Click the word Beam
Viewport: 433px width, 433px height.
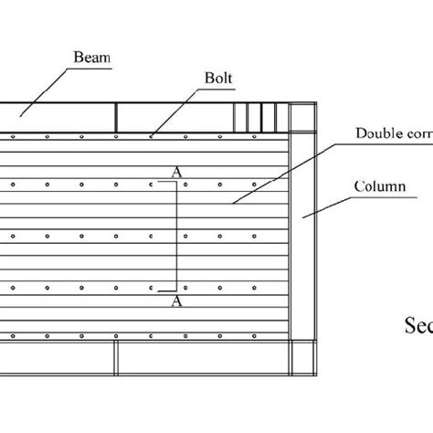(91, 57)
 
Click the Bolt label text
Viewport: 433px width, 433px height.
(218, 79)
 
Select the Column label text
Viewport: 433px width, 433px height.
(379, 186)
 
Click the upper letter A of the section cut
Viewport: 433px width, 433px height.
(174, 171)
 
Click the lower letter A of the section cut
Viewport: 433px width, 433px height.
(174, 300)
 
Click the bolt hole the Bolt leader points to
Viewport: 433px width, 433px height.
(152, 136)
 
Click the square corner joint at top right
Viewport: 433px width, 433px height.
(301, 118)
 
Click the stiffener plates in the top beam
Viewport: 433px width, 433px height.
(255, 118)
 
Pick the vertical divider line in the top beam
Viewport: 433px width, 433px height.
(117, 118)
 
